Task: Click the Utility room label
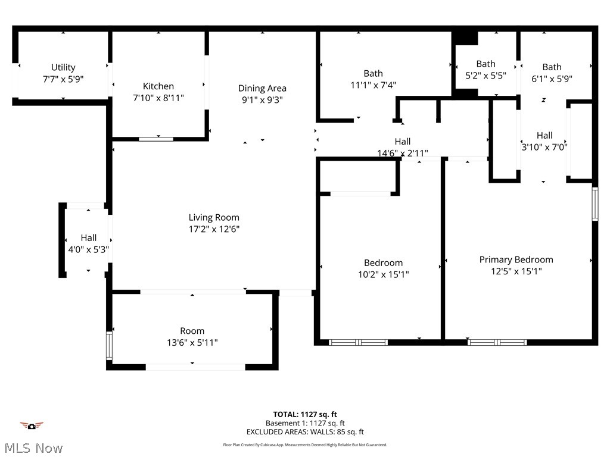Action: (x=63, y=67)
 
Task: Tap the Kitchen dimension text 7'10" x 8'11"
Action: (x=158, y=98)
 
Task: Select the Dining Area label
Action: (x=262, y=88)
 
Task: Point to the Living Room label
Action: (x=214, y=217)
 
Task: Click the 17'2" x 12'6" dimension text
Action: (x=214, y=229)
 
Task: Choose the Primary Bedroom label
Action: (x=516, y=259)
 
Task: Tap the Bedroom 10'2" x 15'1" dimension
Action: (x=383, y=274)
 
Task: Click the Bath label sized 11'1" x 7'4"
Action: (x=373, y=73)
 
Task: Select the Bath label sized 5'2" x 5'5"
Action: (x=485, y=64)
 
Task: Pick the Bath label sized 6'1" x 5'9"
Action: (x=552, y=67)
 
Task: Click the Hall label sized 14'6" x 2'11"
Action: (x=403, y=141)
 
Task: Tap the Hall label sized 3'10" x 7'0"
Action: (x=544, y=135)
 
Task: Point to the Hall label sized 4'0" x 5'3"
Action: (x=89, y=237)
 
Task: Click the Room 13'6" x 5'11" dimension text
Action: (x=192, y=343)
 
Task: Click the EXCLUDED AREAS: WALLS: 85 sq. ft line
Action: (x=305, y=432)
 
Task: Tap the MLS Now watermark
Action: (x=32, y=447)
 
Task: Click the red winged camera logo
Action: (x=32, y=425)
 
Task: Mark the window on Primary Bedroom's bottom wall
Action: (x=497, y=342)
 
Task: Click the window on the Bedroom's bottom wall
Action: (x=358, y=342)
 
